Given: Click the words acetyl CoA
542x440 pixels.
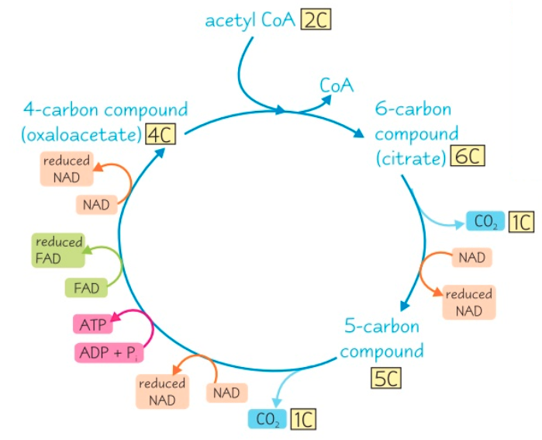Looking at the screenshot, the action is tap(250, 19).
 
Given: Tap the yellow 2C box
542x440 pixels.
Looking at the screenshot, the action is tap(316, 19).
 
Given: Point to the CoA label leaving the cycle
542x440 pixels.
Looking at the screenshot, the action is tap(337, 85).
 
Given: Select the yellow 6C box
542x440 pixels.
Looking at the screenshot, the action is tap(469, 158).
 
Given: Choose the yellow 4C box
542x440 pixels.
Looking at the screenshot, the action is tap(160, 134).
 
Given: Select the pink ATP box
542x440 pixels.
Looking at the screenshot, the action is tap(92, 324).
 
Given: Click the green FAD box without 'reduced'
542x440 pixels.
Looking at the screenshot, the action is tap(87, 288).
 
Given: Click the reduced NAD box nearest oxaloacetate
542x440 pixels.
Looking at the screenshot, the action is tap(65, 169).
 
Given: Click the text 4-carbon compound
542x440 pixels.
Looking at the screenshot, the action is tap(105, 109).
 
